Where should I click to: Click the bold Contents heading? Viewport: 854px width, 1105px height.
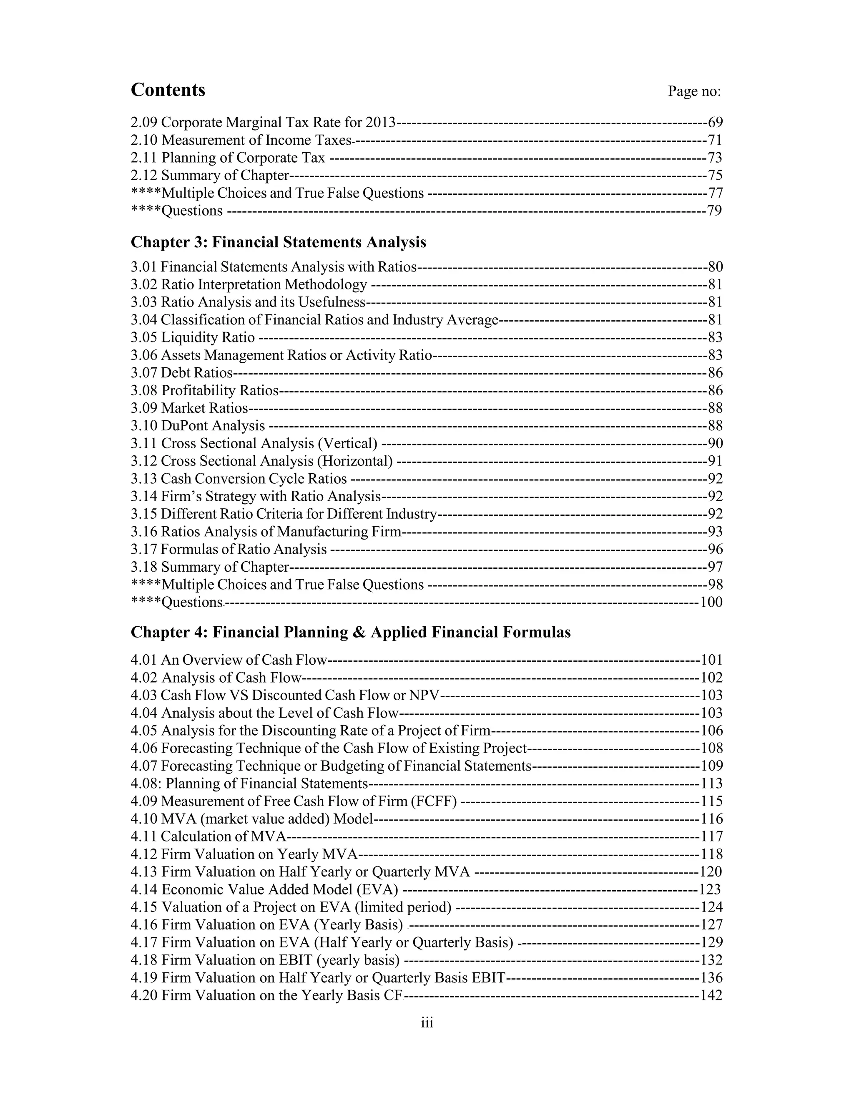(x=168, y=90)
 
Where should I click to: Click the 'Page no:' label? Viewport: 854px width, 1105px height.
(x=694, y=92)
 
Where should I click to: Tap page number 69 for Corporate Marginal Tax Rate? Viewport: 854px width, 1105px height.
(x=715, y=123)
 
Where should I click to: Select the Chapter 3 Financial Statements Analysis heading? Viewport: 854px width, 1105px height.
(x=278, y=242)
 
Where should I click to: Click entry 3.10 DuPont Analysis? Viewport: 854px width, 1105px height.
(x=198, y=426)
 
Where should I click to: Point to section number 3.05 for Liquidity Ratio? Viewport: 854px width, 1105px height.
(x=144, y=337)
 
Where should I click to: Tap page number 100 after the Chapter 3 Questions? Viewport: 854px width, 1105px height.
(x=711, y=603)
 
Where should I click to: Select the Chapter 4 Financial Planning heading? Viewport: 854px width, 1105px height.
(x=351, y=633)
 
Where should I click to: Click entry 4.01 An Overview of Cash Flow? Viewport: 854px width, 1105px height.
(x=229, y=660)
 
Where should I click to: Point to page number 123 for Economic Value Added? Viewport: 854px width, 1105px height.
(x=709, y=889)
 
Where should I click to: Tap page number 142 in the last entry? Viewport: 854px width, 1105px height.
(x=711, y=996)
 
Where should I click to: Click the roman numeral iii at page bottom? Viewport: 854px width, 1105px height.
(x=427, y=1023)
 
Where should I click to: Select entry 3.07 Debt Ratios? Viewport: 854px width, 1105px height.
(x=181, y=373)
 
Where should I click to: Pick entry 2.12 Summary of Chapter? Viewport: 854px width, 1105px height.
(x=209, y=176)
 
